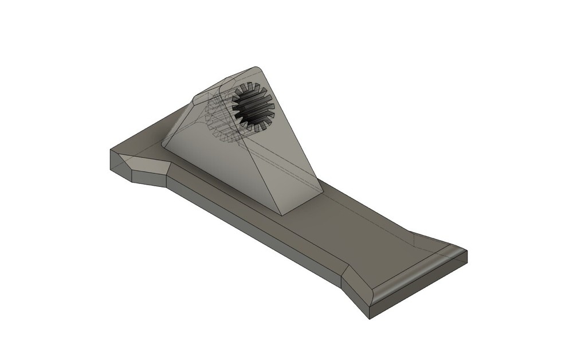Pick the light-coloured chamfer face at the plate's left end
pos(150,167)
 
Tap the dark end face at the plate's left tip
pos(121,167)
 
